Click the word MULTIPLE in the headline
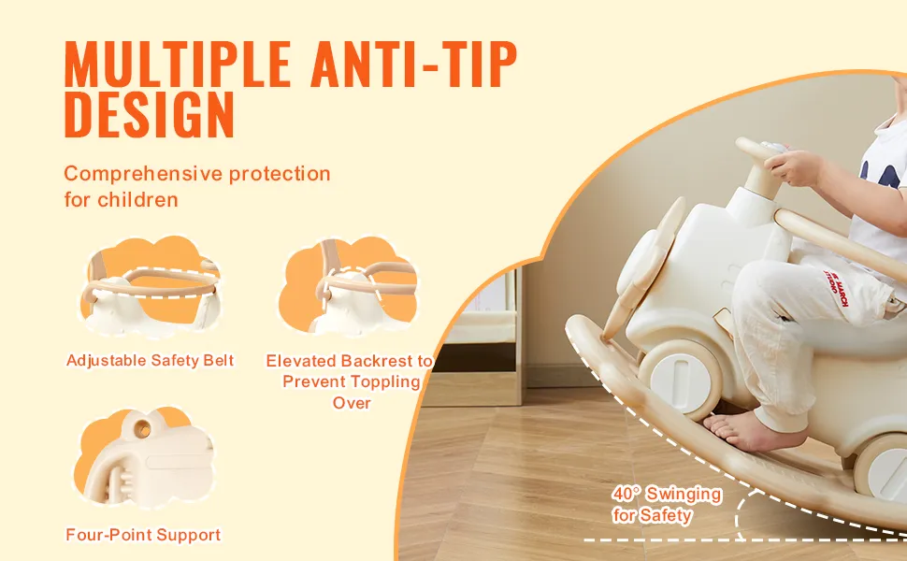177,65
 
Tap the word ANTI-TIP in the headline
413,65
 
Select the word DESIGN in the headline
150,114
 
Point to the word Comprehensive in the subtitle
143,174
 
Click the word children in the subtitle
137,199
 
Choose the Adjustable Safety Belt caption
150,360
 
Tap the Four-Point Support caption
143,535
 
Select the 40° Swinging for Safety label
667,504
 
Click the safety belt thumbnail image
151,287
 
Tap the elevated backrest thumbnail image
348,285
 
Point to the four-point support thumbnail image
144,457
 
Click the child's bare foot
751,431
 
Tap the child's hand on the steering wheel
794,166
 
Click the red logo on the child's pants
836,287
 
